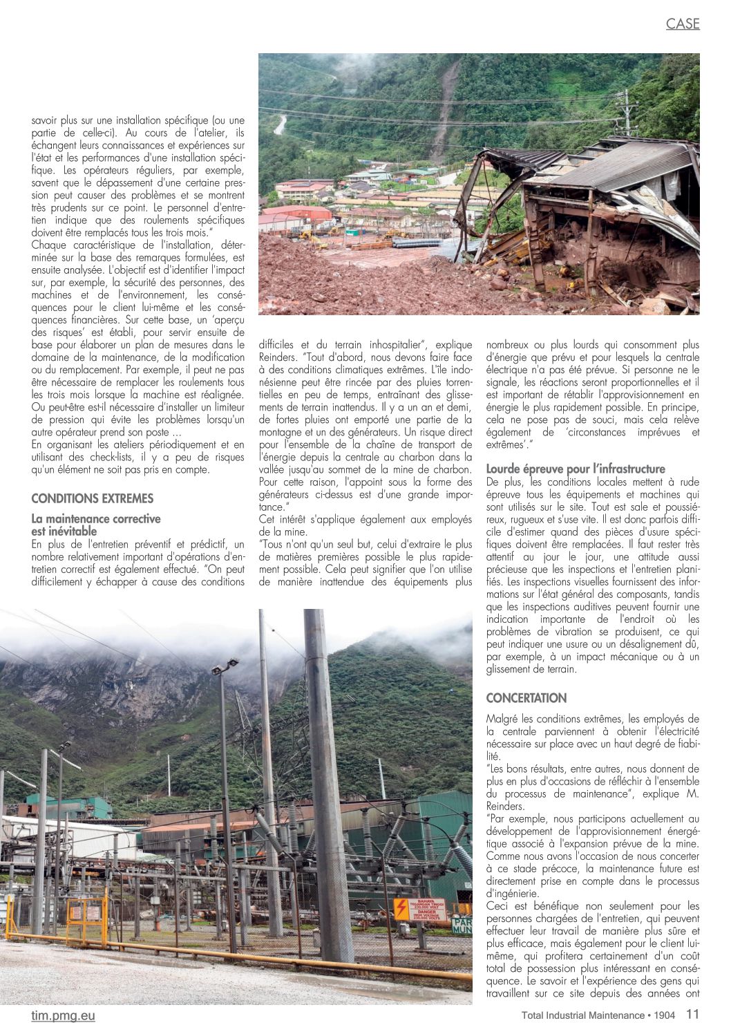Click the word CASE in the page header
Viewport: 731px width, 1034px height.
click(x=683, y=24)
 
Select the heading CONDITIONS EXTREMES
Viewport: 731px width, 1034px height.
click(x=93, y=498)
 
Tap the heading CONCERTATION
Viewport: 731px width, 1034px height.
click(x=526, y=698)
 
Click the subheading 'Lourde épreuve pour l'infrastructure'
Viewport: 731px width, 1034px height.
click(x=576, y=469)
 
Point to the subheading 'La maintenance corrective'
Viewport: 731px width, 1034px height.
click(x=96, y=518)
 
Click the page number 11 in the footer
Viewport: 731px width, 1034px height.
click(x=692, y=1015)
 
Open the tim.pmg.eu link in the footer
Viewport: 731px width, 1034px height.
click(x=64, y=1015)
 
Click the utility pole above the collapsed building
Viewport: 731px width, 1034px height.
click(x=626, y=112)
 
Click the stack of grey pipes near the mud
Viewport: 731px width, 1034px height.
click(x=416, y=243)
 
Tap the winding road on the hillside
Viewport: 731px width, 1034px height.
click(x=279, y=124)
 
